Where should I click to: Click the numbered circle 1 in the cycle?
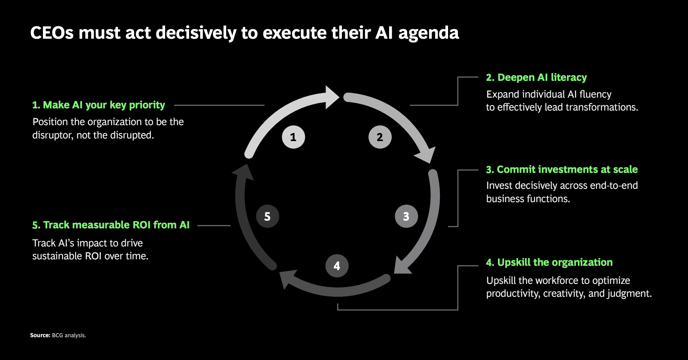pos(293,137)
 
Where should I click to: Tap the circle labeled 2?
pos(380,137)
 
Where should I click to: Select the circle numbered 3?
pos(406,216)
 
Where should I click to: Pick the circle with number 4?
pos(337,266)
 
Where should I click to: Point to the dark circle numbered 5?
pos(267,216)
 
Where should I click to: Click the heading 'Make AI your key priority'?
pos(98,105)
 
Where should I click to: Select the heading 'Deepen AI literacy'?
pos(536,77)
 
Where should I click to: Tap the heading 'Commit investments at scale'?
pos(562,169)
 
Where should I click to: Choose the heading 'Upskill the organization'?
pos(549,262)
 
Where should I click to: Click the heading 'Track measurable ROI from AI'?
pos(111,225)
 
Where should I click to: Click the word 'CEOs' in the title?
pos(52,33)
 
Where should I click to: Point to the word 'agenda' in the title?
pos(428,33)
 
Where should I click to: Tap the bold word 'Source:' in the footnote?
pos(40,335)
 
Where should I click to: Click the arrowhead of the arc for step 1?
pos(331,97)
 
